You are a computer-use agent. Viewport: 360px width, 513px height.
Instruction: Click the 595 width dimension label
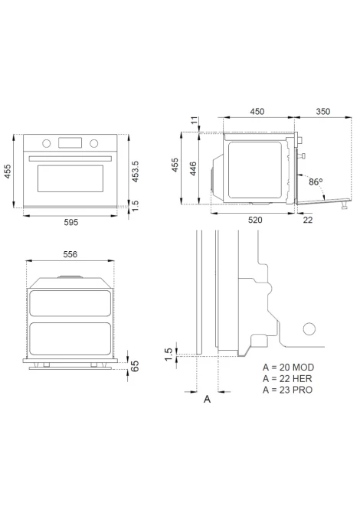(x=71, y=223)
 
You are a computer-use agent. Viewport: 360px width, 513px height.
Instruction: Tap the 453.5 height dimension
(x=135, y=172)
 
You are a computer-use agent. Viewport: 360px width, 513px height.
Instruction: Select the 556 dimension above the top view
(x=70, y=254)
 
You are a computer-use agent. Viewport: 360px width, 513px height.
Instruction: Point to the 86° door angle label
(x=316, y=181)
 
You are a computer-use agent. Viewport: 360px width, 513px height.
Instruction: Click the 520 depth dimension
(x=255, y=220)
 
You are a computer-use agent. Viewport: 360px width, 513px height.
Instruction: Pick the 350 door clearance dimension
(x=323, y=111)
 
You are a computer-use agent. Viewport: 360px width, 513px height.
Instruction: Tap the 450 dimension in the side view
(x=257, y=111)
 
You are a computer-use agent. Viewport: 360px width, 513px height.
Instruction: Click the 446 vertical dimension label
(x=194, y=168)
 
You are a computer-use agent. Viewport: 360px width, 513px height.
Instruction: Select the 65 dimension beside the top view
(x=135, y=366)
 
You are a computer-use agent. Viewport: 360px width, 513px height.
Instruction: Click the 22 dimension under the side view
(x=308, y=220)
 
